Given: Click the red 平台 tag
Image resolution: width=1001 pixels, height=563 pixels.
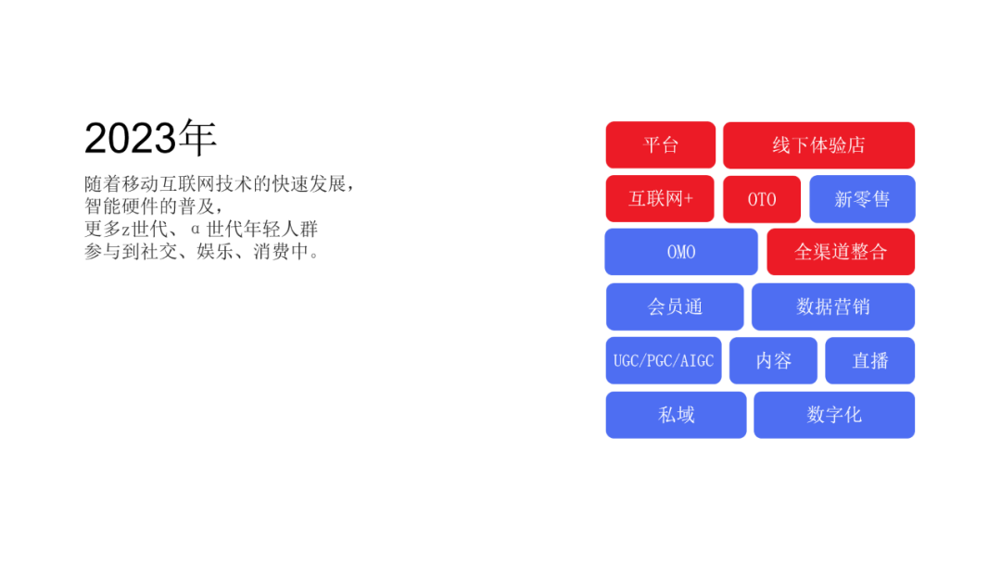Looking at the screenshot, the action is point(661,144).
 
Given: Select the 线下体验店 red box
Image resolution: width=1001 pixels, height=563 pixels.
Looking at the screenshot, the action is point(819,145).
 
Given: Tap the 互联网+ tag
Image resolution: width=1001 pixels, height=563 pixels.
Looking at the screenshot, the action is point(660,199).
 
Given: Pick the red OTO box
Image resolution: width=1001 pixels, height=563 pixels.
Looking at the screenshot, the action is point(762,200).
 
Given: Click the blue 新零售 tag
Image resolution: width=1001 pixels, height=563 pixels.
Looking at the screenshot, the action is point(863,200).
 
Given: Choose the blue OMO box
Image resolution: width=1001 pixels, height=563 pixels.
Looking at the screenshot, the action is point(681,252).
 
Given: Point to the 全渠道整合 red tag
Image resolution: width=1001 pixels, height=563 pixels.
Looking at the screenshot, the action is point(841,252).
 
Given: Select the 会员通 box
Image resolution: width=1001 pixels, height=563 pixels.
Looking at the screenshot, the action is point(675,307).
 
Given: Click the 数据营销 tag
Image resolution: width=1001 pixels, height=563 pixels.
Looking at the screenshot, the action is point(833,307).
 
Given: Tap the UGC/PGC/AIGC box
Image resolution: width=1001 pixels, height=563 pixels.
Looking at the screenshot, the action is point(664,361).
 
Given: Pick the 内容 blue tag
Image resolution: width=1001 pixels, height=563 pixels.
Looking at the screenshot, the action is point(773,361).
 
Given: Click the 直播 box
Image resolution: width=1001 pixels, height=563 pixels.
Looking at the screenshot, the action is point(870,361).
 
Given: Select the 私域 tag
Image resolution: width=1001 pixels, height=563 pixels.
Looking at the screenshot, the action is point(676,415).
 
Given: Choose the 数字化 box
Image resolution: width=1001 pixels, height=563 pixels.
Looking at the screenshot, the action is point(834,415).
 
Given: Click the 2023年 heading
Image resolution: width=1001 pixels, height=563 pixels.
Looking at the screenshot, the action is point(151,138).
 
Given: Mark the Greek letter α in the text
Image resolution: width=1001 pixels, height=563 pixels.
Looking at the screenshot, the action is point(196,230).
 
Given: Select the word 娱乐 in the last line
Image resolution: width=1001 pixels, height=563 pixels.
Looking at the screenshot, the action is point(214,252).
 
